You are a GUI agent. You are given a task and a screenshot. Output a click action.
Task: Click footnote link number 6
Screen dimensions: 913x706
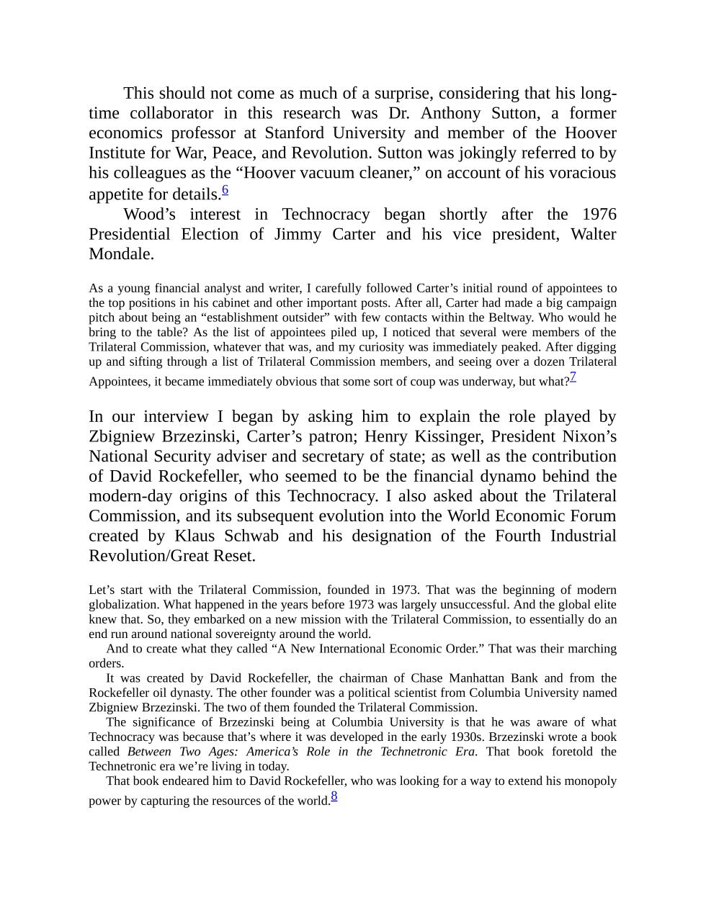(225, 190)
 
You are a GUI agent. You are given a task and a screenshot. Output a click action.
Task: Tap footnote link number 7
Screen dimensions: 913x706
(573, 376)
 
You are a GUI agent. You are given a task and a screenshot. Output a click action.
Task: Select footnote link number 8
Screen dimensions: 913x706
(334, 796)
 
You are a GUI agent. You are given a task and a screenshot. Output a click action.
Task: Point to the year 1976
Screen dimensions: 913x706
(599, 215)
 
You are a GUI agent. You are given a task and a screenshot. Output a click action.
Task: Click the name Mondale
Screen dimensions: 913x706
(121, 254)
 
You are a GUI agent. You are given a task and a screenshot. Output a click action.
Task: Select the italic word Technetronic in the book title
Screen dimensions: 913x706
(409, 752)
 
